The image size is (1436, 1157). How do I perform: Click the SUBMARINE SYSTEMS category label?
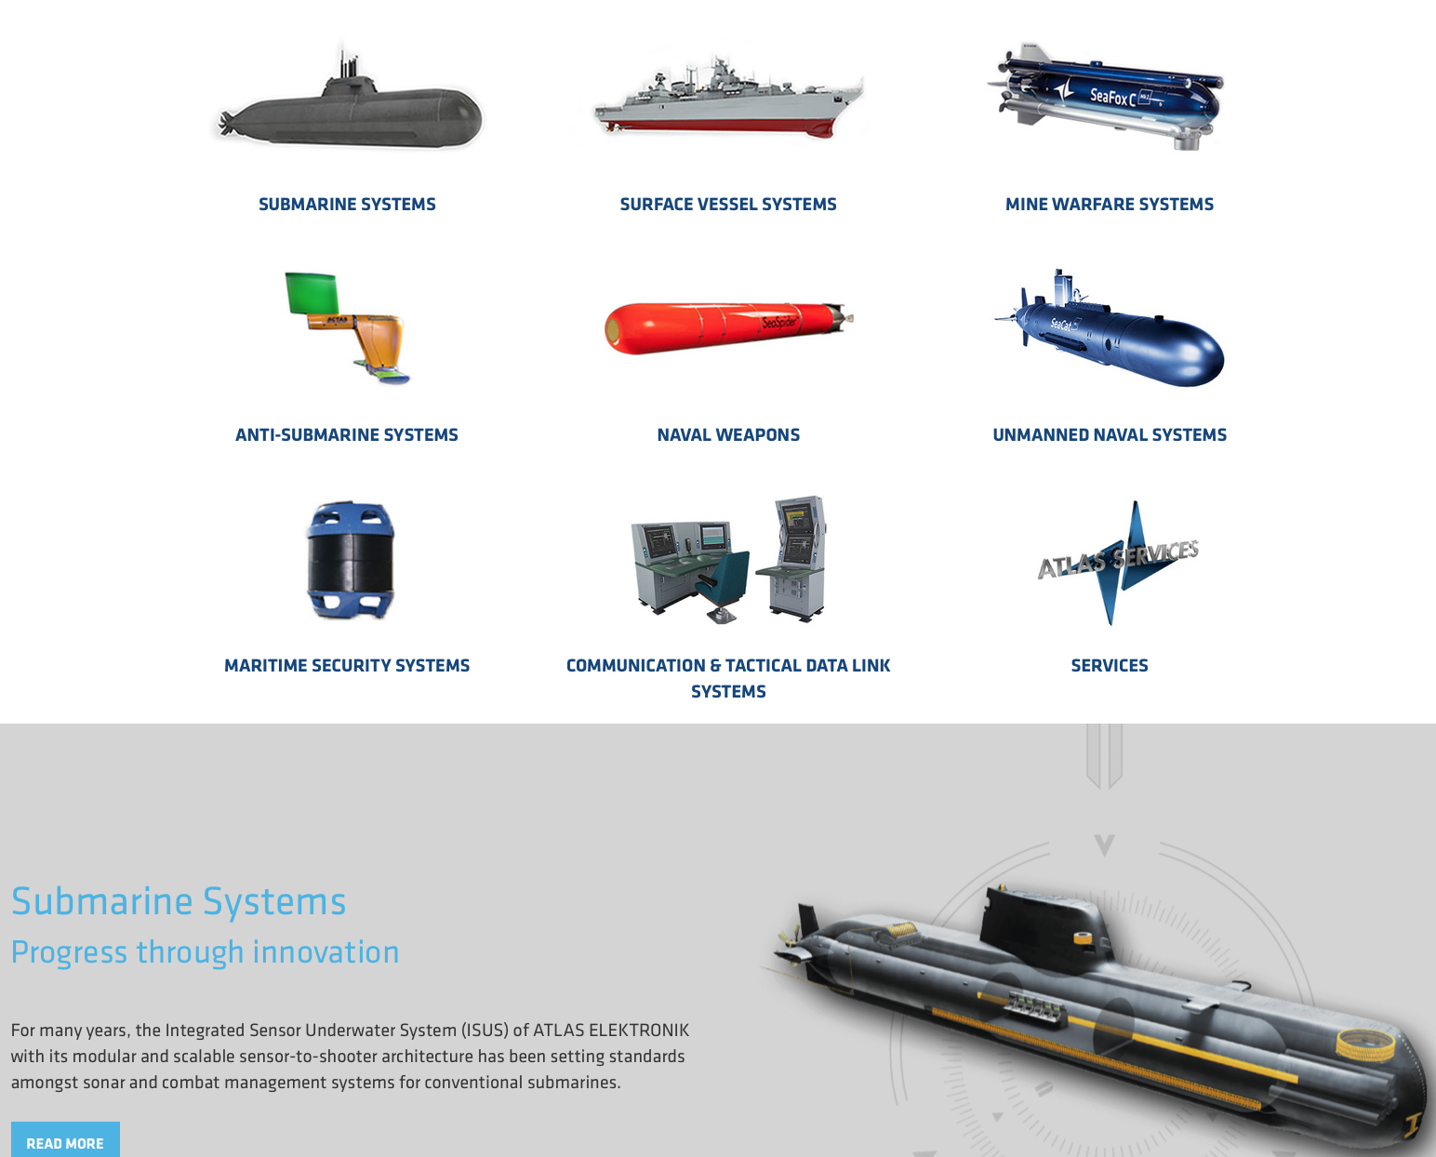(347, 205)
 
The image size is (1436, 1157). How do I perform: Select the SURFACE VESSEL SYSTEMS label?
(728, 205)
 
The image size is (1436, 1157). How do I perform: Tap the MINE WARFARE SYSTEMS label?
(1109, 205)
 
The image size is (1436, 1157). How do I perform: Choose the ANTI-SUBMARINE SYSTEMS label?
(347, 435)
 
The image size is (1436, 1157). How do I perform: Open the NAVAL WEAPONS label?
(728, 435)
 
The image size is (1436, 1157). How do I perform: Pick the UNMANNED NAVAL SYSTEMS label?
(1109, 435)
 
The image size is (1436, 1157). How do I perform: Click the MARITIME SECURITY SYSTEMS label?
(347, 666)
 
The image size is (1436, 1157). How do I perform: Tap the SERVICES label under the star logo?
(1109, 666)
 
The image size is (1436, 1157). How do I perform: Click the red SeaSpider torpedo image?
(725, 326)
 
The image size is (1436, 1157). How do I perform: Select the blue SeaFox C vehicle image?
(1107, 97)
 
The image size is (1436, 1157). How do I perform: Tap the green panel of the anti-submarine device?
(311, 293)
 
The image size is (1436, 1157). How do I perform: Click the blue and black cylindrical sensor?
(350, 560)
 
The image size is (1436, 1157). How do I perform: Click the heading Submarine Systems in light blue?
(179, 902)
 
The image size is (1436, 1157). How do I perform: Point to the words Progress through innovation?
(205, 952)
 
